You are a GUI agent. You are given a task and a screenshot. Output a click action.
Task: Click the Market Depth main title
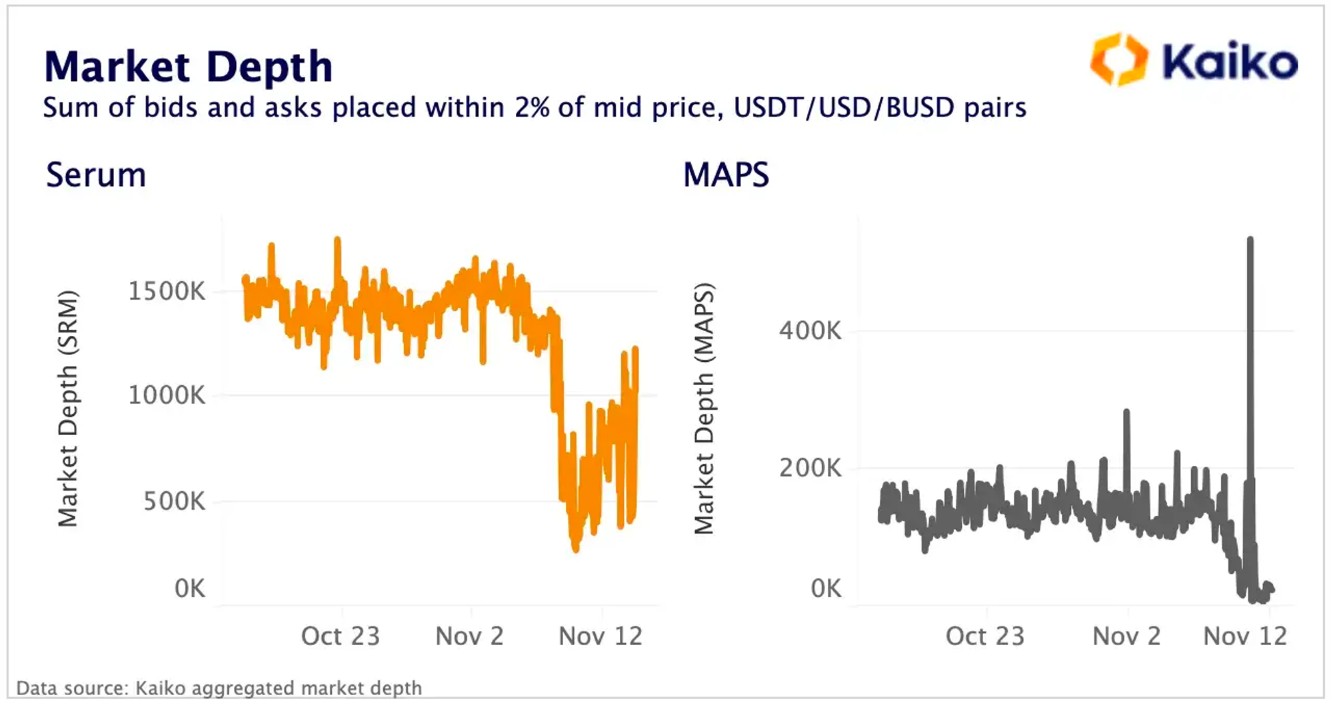pos(188,67)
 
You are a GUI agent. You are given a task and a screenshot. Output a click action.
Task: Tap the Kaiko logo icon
pos(1119,60)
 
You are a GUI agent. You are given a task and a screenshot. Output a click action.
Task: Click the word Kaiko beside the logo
pos(1230,62)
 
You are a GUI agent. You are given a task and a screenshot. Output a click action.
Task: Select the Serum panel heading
pos(96,175)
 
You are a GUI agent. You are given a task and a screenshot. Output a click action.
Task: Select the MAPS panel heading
pos(726,175)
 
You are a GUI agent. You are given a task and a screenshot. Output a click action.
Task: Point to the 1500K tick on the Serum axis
pos(167,291)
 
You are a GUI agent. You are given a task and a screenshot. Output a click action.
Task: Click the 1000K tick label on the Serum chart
pos(167,395)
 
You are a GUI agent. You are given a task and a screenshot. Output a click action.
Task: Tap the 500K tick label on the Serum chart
pos(174,501)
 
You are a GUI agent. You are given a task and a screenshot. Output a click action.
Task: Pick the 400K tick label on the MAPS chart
pos(810,331)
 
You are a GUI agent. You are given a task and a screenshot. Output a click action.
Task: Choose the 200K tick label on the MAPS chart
pos(810,468)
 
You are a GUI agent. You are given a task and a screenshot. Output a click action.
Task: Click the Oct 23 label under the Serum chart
pos(340,636)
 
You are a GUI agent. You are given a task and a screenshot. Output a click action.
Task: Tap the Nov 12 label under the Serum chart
pos(600,636)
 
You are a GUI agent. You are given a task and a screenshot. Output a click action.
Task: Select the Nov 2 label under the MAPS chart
pos(1126,636)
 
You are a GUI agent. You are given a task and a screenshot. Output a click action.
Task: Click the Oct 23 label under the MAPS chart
pos(984,636)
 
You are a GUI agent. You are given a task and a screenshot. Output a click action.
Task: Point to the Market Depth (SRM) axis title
pos(68,408)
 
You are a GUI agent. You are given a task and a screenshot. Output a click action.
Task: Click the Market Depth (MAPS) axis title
pos(704,408)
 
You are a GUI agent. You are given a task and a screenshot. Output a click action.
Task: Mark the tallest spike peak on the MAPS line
pos(1250,239)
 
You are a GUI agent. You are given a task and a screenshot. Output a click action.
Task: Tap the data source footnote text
pos(219,688)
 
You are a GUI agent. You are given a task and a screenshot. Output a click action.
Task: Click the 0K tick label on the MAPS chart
pos(826,588)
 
